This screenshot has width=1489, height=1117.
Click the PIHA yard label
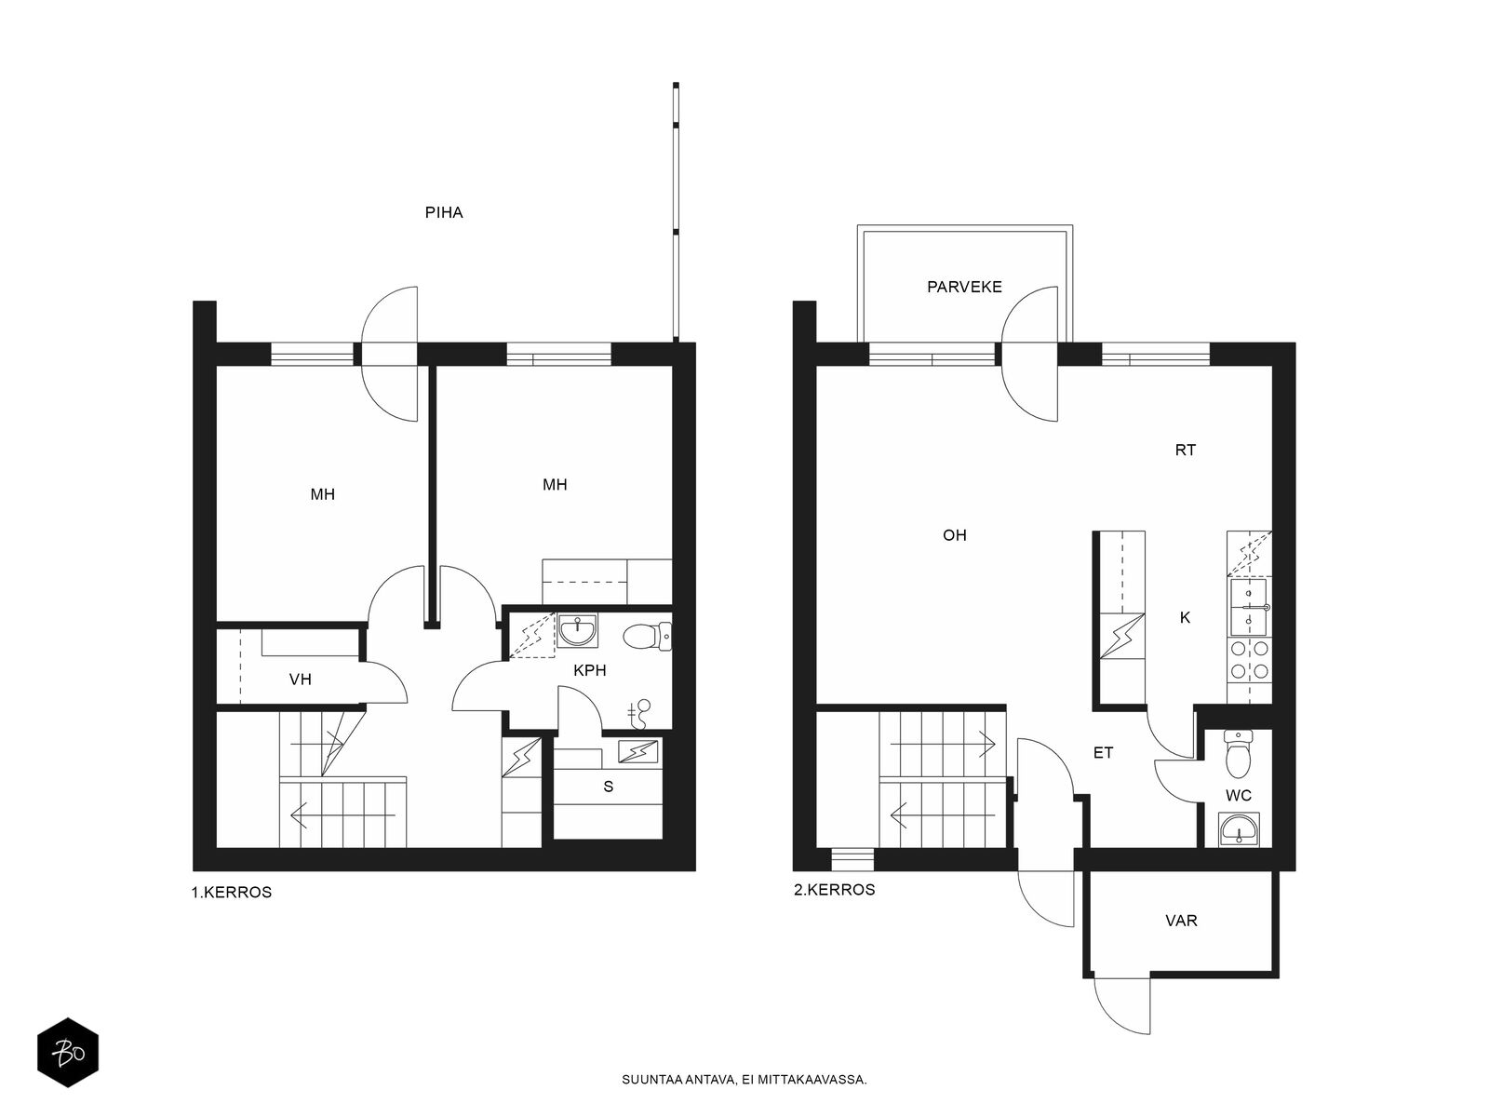pyautogui.click(x=444, y=212)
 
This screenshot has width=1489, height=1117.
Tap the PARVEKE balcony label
pyautogui.click(x=964, y=287)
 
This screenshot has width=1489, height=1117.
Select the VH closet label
pyautogui.click(x=300, y=679)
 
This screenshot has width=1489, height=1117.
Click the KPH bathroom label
pyautogui.click(x=589, y=670)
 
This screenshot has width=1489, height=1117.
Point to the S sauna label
pyautogui.click(x=609, y=786)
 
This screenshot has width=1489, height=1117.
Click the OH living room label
pyautogui.click(x=955, y=535)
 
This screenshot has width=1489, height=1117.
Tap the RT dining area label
pyautogui.click(x=1185, y=450)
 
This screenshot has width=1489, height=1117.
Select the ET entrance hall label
pyautogui.click(x=1103, y=752)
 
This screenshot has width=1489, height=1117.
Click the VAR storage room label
pyautogui.click(x=1181, y=921)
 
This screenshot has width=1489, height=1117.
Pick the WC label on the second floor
pyautogui.click(x=1238, y=795)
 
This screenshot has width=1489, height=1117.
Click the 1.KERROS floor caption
pyautogui.click(x=232, y=892)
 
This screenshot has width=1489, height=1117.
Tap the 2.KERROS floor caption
pyautogui.click(x=835, y=889)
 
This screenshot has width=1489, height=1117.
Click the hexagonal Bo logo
pyautogui.click(x=68, y=1053)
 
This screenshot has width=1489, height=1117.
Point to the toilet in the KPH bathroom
pyautogui.click(x=647, y=637)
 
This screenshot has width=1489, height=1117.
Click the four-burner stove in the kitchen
pyautogui.click(x=1249, y=661)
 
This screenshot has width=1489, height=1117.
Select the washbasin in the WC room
pyautogui.click(x=1240, y=828)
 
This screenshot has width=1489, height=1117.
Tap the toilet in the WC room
pyautogui.click(x=1238, y=753)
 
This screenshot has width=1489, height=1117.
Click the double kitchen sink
pyautogui.click(x=1249, y=607)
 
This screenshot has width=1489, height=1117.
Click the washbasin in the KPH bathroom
pyautogui.click(x=577, y=631)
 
